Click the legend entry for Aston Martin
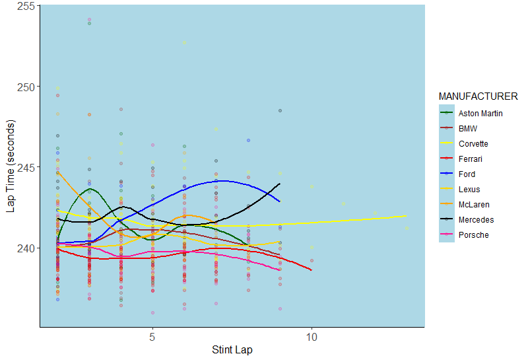(480, 113)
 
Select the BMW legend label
(467, 128)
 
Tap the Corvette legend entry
(474, 143)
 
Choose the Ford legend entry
(467, 174)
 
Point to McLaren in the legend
(473, 204)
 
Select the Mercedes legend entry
(476, 219)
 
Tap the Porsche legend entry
(473, 234)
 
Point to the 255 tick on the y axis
(26, 6)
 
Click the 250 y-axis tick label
(26, 87)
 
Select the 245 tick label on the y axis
(26, 167)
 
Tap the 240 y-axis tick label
(26, 248)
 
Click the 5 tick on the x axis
(152, 336)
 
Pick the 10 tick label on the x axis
(312, 336)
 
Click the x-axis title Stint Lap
(232, 349)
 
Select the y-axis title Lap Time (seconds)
(10, 166)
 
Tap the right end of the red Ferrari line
(312, 270)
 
